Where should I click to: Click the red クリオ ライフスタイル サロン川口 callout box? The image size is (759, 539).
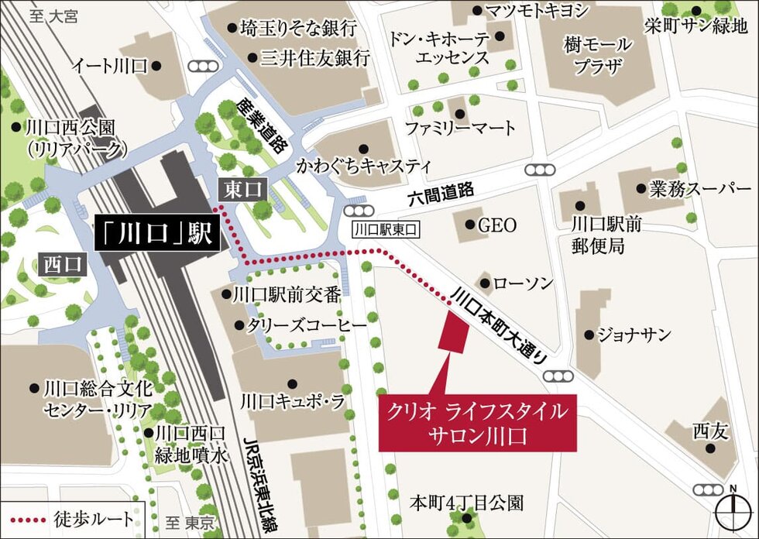pos(477,423)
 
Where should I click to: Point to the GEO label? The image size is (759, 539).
pos(496,225)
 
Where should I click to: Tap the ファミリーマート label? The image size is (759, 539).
pos(460,126)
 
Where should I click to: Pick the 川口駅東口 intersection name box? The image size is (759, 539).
pos(385,229)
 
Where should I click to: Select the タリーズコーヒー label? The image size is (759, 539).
pos(305,326)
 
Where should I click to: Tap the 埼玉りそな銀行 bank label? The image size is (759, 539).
pos(297,28)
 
